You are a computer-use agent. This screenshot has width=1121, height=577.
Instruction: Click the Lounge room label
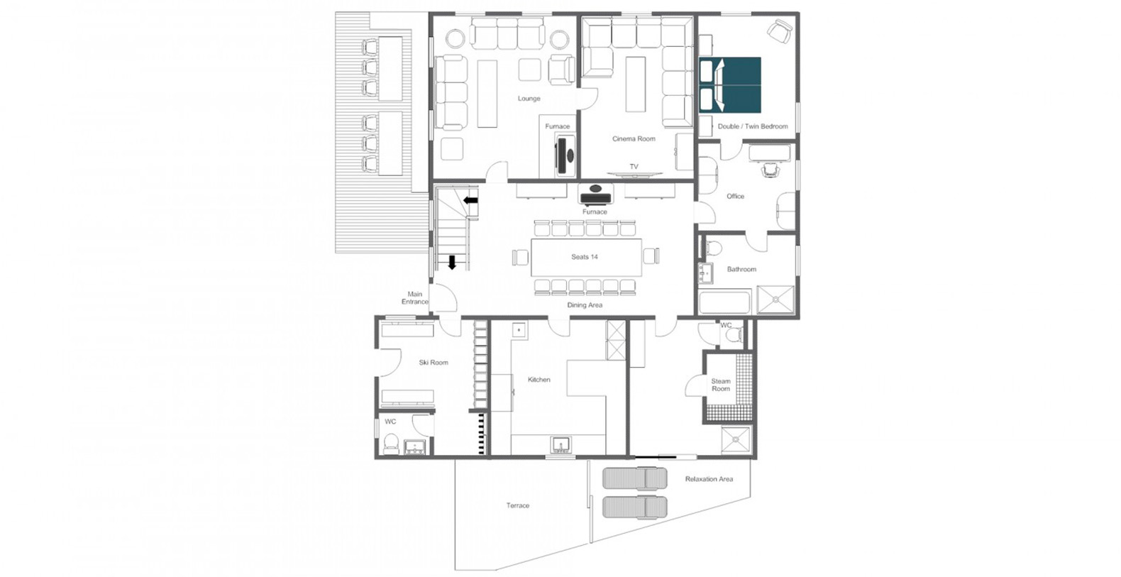click(529, 99)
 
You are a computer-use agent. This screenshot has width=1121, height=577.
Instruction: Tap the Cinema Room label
click(634, 138)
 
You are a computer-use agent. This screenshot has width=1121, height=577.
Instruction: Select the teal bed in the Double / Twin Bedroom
click(730, 85)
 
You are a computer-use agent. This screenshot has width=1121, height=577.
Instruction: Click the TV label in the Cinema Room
click(634, 167)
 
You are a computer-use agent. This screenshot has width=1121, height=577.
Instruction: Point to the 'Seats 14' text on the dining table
click(585, 257)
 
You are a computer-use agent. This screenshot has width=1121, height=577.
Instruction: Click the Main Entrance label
click(415, 298)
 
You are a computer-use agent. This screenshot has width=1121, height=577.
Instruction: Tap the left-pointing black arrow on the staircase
click(470, 201)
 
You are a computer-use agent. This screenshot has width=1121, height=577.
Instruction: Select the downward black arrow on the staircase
click(452, 262)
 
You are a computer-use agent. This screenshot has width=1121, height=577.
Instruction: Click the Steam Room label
click(721, 385)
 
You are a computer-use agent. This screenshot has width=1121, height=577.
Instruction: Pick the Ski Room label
click(434, 363)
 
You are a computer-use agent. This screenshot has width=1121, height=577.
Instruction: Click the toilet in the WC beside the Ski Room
click(391, 444)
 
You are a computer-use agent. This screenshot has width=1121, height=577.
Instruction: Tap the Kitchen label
click(539, 380)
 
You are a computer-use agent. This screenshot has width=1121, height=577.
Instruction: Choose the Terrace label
click(517, 505)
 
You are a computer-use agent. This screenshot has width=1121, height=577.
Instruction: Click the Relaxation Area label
click(709, 479)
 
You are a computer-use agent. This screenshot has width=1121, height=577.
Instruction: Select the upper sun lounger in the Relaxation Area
click(634, 478)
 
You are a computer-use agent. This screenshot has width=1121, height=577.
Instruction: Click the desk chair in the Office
click(771, 171)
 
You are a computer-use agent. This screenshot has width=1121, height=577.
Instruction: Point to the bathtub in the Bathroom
click(725, 302)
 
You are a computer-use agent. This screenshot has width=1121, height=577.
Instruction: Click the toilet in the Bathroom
click(712, 248)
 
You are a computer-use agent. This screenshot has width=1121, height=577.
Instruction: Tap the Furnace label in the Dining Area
click(595, 211)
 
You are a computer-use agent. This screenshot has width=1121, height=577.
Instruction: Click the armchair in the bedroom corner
click(780, 31)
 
